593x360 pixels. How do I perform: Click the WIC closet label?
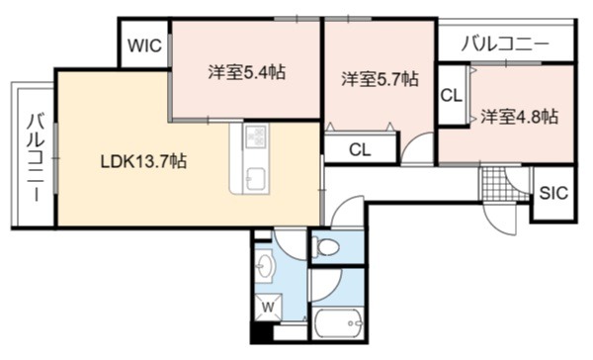click(144, 45)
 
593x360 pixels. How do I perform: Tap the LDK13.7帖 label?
click(143, 161)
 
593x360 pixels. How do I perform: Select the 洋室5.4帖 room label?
click(246, 72)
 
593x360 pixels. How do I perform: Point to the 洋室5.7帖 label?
click(380, 79)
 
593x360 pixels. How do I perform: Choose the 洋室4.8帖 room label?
click(519, 117)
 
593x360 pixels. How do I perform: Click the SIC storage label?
click(553, 193)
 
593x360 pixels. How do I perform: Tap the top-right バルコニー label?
click(505, 45)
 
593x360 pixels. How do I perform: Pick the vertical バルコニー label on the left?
click(37, 157)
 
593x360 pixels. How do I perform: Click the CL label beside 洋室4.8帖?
click(452, 95)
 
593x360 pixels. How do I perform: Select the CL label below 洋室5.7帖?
click(360, 150)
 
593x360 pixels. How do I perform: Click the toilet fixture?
click(327, 246)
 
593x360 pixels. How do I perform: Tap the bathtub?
click(338, 323)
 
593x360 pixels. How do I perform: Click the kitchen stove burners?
click(256, 136)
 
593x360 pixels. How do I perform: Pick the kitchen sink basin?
click(255, 177)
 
